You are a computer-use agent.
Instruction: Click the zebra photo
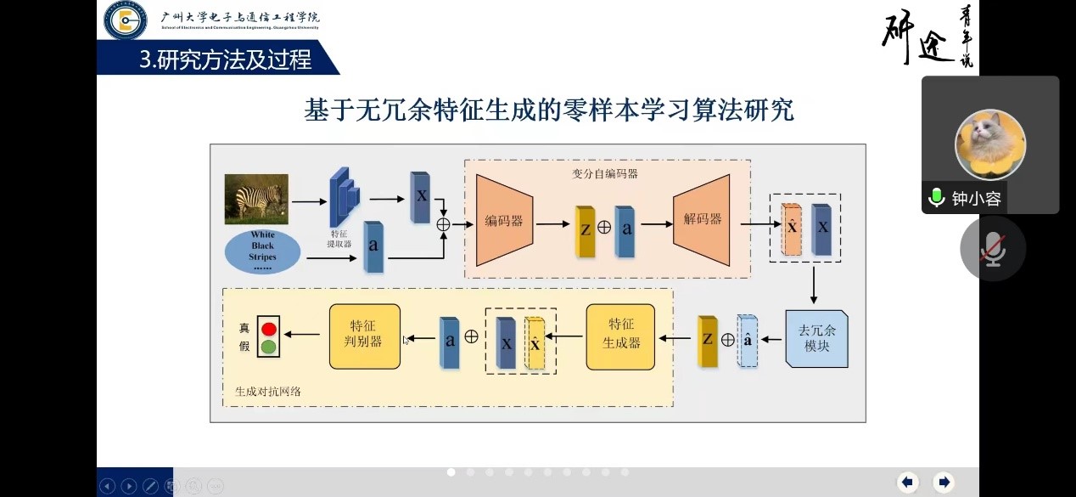click(256, 199)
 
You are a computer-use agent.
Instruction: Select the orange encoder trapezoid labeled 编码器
click(504, 220)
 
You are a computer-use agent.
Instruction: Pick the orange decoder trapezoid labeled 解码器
click(702, 219)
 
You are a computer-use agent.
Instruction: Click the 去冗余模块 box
click(816, 338)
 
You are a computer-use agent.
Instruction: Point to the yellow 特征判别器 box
click(365, 336)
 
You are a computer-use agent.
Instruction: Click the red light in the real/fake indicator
click(269, 328)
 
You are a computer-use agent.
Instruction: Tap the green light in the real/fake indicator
click(269, 346)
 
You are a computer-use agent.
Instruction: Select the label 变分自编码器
click(605, 173)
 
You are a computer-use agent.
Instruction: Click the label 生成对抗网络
click(268, 392)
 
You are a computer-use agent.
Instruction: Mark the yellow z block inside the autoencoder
click(585, 231)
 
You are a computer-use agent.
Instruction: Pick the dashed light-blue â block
click(747, 340)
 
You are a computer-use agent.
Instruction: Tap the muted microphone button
click(992, 249)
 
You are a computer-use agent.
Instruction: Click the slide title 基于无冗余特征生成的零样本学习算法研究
click(549, 110)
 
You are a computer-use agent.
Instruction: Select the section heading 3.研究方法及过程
click(226, 59)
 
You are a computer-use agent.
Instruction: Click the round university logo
click(126, 20)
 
